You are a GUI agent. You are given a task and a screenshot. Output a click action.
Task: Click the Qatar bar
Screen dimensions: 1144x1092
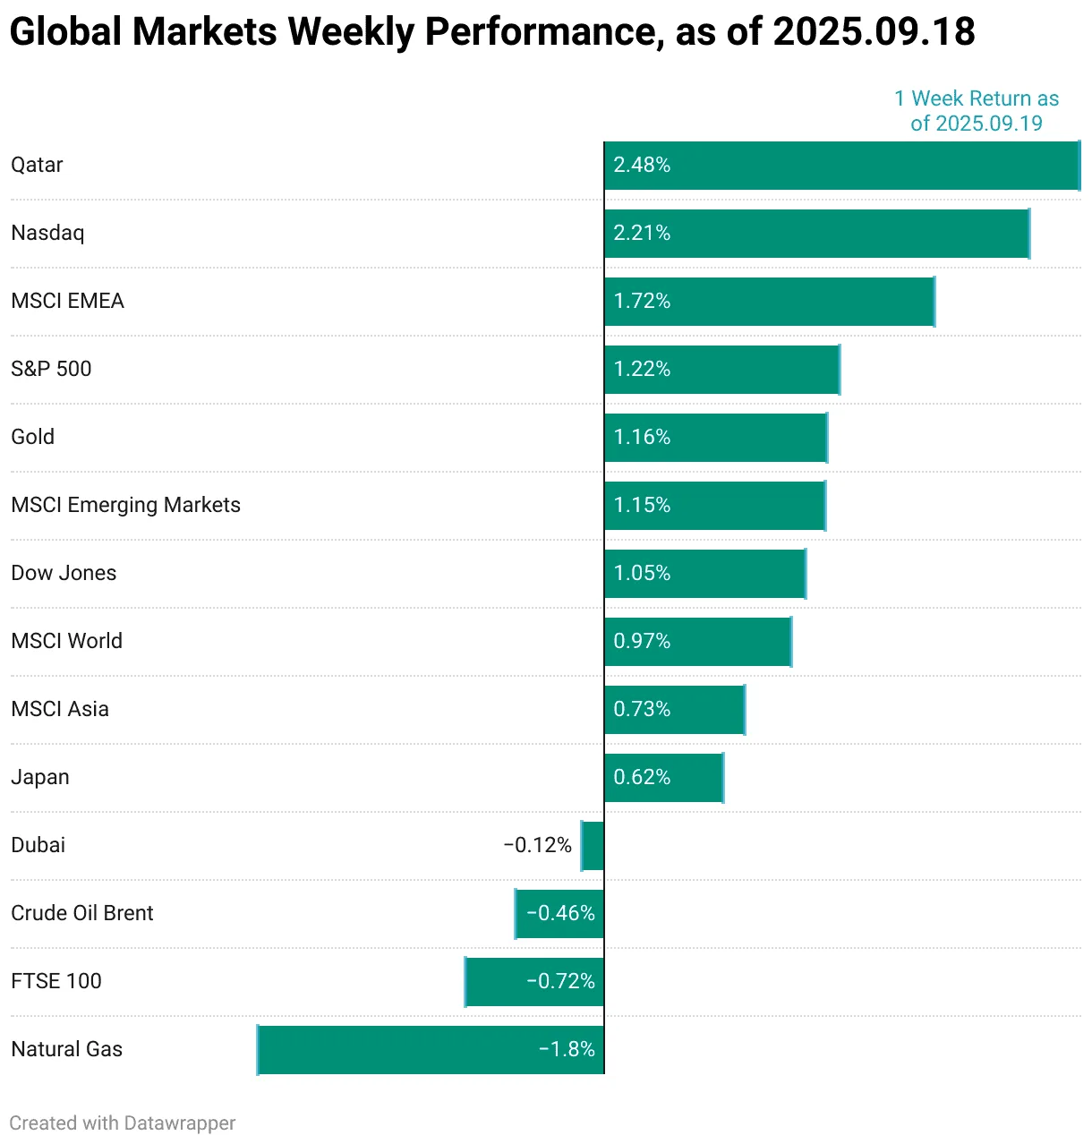point(841,166)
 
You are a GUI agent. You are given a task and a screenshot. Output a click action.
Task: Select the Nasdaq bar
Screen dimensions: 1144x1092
point(816,234)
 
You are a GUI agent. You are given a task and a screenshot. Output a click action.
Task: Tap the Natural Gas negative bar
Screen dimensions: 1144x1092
point(430,1050)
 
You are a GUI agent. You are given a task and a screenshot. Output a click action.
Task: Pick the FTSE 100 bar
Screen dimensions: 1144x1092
point(534,982)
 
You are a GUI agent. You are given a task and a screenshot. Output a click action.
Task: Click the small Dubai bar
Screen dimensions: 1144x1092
point(593,846)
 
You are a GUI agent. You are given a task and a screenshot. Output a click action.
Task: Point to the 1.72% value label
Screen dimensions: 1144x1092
point(642,302)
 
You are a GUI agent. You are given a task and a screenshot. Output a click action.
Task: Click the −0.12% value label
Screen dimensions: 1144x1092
point(537,846)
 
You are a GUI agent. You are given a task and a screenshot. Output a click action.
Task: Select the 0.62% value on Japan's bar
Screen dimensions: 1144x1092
point(642,778)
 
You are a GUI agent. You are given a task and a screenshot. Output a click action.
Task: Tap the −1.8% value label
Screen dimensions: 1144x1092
point(567,1050)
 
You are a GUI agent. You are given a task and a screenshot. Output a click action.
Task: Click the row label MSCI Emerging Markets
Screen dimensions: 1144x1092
point(125,506)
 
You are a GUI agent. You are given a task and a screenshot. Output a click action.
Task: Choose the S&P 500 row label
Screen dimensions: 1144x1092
point(51,370)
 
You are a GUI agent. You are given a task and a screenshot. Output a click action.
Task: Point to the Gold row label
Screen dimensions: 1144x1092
point(33,438)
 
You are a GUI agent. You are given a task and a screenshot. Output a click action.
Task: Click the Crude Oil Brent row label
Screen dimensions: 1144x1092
point(82,914)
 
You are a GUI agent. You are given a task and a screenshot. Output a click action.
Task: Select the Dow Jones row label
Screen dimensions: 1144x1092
point(64,574)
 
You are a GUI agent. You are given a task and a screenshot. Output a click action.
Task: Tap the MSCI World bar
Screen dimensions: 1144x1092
point(698,642)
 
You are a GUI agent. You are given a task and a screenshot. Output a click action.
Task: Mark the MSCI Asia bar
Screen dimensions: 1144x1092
point(675,710)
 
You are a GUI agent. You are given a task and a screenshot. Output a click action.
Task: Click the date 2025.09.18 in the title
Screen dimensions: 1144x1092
point(874,32)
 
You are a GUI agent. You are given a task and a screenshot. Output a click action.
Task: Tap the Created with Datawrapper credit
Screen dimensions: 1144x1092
point(123,1123)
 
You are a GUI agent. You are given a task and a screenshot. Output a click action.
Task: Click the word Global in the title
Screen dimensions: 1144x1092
point(65,32)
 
